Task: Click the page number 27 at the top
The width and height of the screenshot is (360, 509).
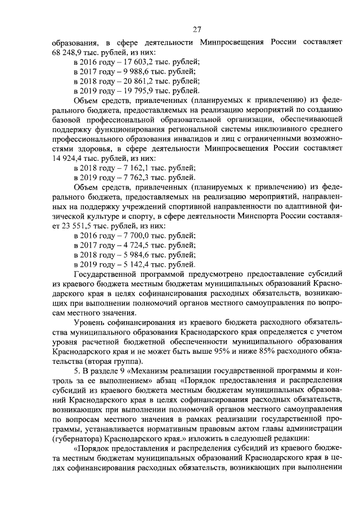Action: (x=197, y=30)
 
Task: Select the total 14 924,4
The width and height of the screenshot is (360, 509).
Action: (x=68, y=159)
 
